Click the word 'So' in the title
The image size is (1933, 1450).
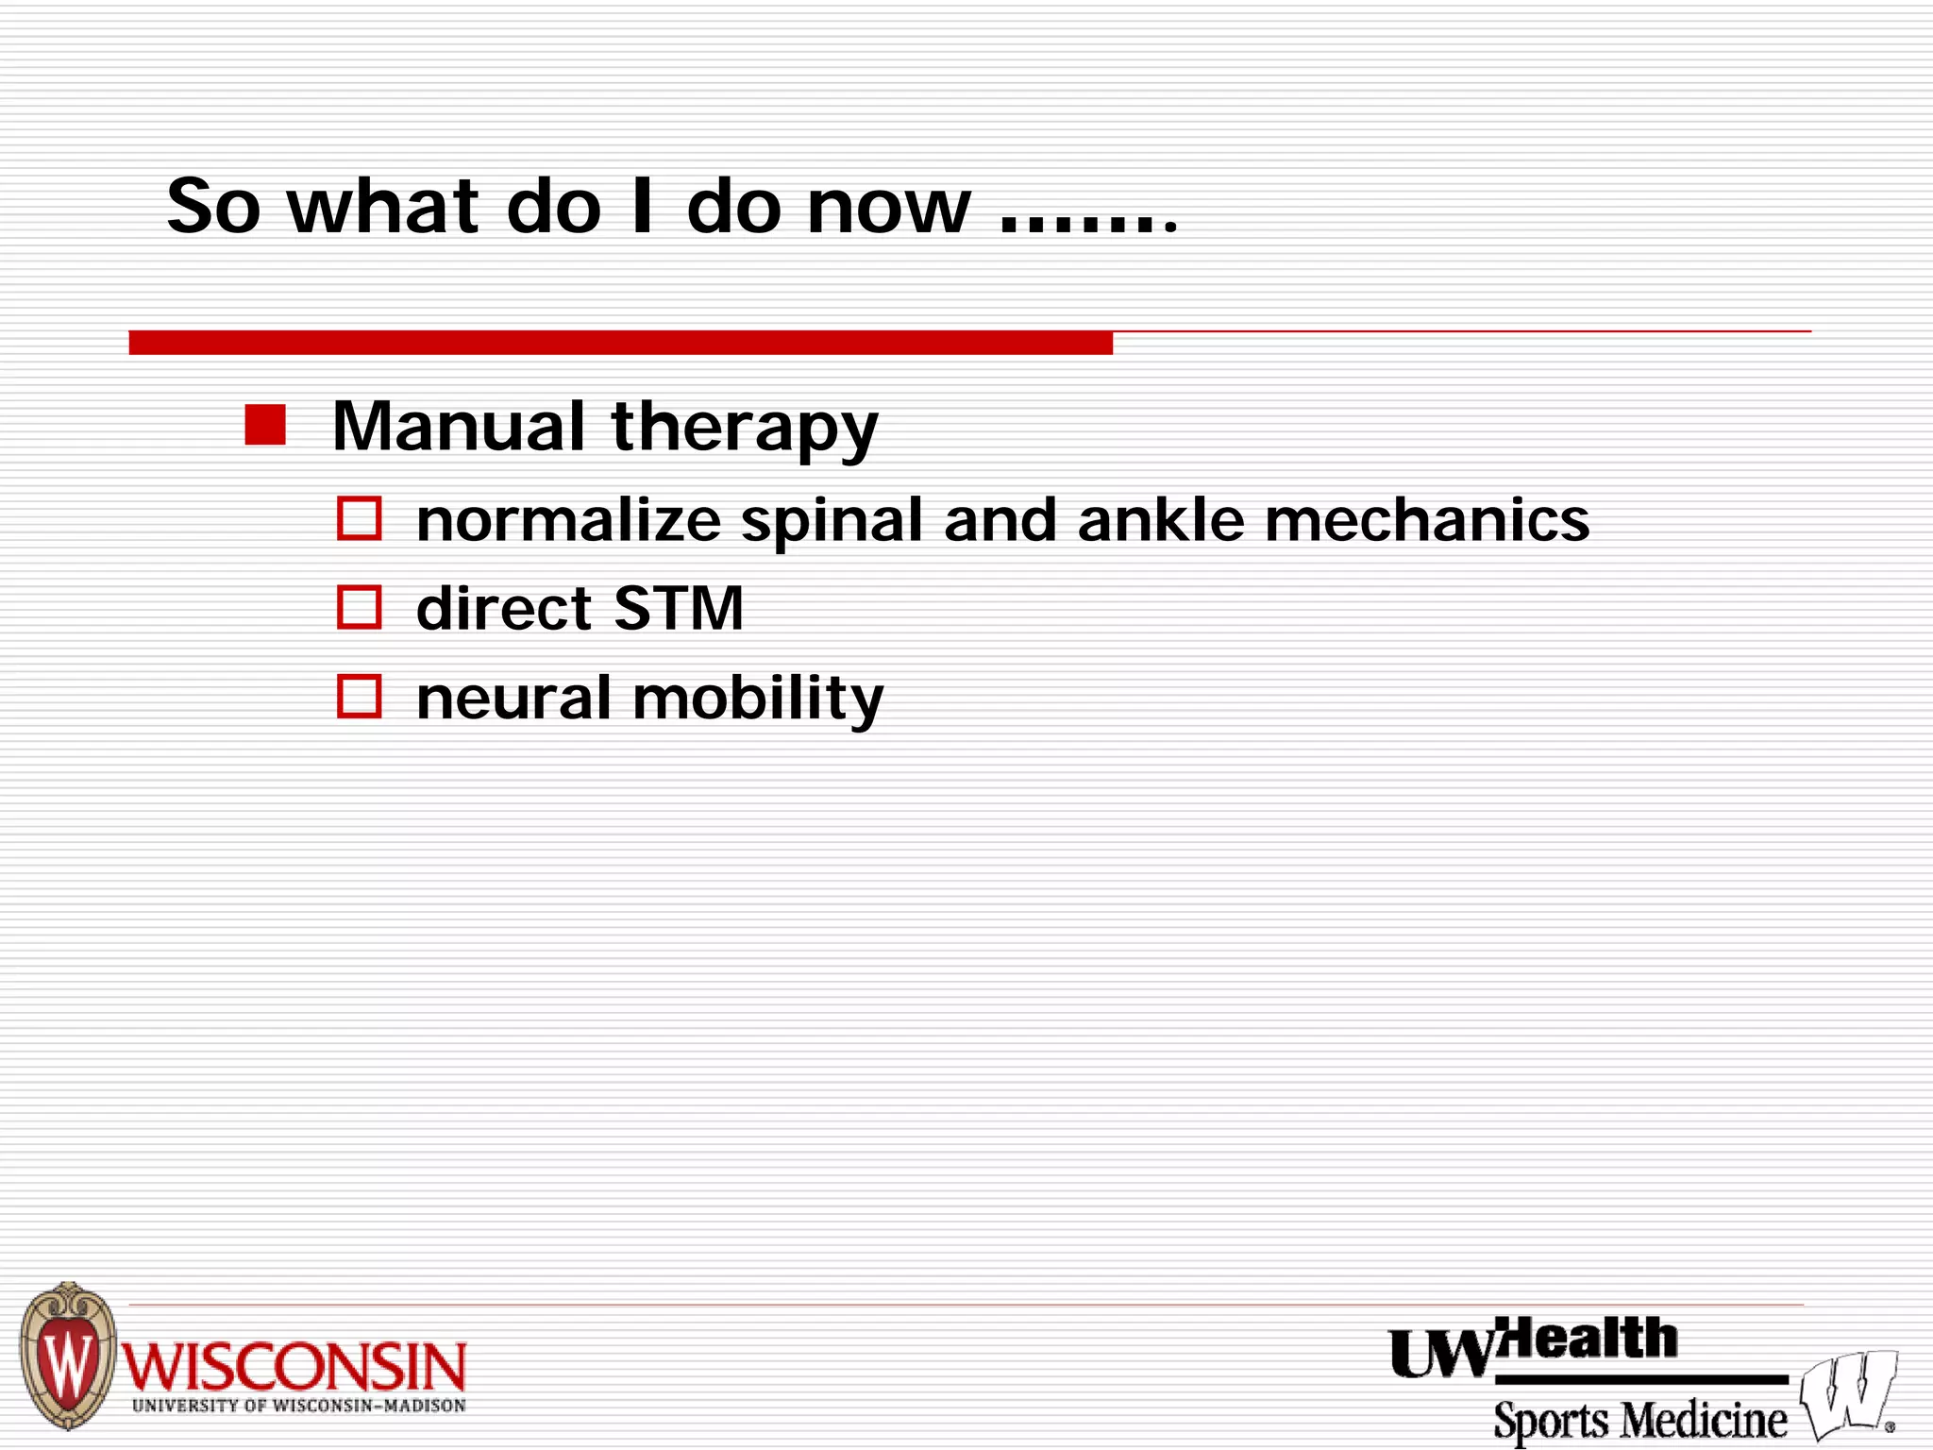(213, 207)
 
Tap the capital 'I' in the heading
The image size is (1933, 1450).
(642, 207)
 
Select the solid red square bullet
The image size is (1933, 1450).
(265, 425)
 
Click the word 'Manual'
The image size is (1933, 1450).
(459, 426)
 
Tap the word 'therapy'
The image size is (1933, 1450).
(745, 430)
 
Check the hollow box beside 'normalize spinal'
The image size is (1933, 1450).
(359, 518)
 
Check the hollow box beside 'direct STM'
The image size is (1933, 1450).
(359, 607)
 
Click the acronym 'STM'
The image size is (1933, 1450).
(678, 608)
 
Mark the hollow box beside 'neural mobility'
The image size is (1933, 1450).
(359, 696)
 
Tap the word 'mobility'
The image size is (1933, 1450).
(758, 700)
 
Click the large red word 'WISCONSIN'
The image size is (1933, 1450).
(294, 1367)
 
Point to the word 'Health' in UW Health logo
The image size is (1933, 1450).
(1589, 1340)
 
